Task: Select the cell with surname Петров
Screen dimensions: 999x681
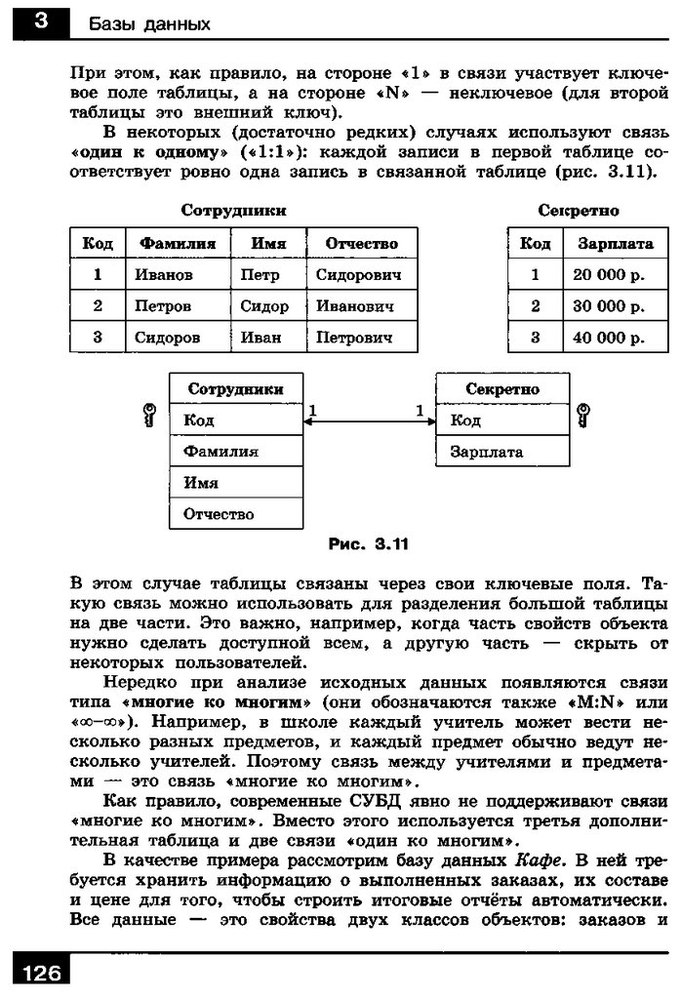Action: coord(162,306)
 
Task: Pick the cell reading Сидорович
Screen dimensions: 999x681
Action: coord(358,275)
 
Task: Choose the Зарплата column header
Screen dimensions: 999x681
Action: coord(615,244)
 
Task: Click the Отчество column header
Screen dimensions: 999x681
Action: coord(361,244)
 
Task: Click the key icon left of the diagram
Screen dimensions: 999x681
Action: coord(149,417)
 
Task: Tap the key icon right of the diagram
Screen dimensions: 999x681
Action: coord(583,416)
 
